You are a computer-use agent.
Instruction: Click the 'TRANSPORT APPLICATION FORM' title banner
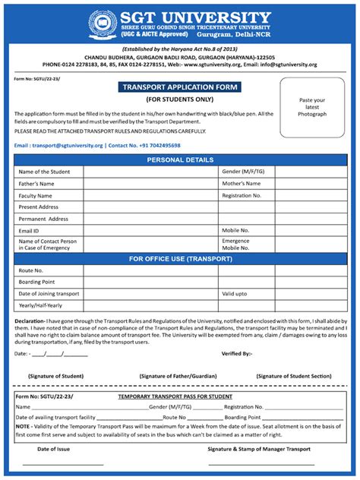point(179,87)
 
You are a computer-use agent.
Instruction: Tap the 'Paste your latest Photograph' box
point(312,107)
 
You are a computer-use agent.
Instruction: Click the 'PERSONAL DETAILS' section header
point(180,160)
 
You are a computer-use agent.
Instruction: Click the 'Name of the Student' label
point(45,172)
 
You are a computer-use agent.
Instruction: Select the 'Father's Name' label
point(36,184)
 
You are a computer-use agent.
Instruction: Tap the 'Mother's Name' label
point(242,184)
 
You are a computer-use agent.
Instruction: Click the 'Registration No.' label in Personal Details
point(242,195)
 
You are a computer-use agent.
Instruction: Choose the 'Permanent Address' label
point(43,219)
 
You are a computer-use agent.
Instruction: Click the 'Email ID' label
point(29,230)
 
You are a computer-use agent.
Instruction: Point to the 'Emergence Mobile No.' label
point(235,245)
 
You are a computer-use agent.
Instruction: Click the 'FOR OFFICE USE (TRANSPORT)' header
point(180,259)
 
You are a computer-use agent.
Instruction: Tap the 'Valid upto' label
point(234,293)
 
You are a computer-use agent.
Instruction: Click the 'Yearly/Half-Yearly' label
point(41,305)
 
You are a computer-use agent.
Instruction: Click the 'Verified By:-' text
point(236,353)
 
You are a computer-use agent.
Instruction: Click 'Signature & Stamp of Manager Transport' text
point(259,450)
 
